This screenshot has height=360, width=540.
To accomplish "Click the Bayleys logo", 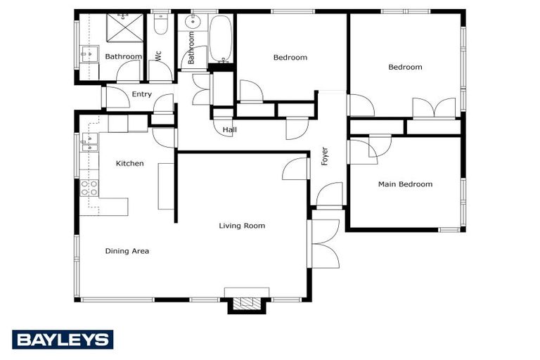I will (63, 340).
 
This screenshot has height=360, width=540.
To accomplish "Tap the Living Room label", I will (241, 226).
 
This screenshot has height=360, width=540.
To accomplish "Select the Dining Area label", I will (127, 251).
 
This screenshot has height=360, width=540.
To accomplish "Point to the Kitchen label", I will (129, 163).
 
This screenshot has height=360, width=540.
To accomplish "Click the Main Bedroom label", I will (405, 184).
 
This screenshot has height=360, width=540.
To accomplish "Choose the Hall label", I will (229, 130).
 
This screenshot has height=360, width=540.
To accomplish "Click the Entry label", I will (141, 94).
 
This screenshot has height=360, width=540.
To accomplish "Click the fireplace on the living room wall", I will (246, 302).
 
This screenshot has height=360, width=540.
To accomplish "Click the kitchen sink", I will (89, 143).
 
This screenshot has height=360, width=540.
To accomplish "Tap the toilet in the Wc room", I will (160, 26).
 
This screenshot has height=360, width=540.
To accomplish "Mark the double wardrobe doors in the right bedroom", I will (435, 108).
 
